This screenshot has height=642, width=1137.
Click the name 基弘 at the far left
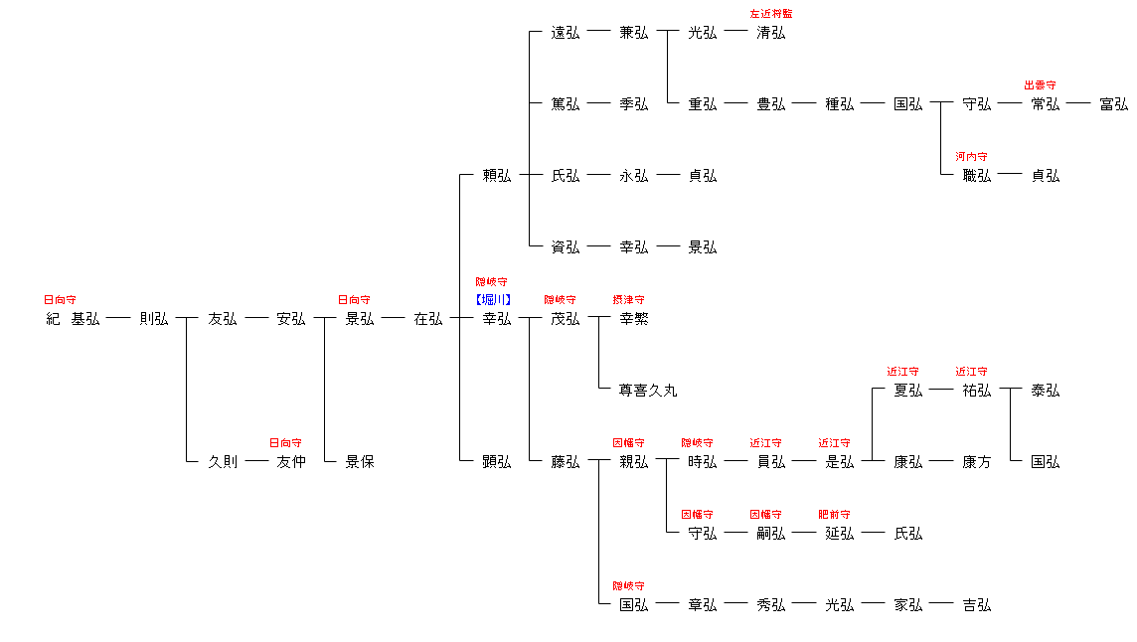pyautogui.click(x=84, y=319)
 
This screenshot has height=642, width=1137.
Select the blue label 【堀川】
pyautogui.click(x=492, y=299)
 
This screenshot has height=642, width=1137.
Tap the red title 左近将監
pyautogui.click(x=771, y=14)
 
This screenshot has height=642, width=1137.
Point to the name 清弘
pyautogui.click(x=770, y=33)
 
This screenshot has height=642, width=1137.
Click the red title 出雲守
pyautogui.click(x=1041, y=85)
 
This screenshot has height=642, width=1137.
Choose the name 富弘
pyautogui.click(x=1113, y=104)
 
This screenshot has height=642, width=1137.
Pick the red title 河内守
pyautogui.click(x=971, y=157)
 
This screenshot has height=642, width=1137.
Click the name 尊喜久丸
pyautogui.click(x=648, y=391)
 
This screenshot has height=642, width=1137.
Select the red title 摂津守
pyautogui.click(x=629, y=299)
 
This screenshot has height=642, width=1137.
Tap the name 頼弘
pyautogui.click(x=496, y=176)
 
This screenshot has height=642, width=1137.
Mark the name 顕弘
pyautogui.click(x=496, y=462)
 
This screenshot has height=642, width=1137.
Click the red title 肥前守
pyautogui.click(x=834, y=515)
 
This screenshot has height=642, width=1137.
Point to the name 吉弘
pyautogui.click(x=976, y=605)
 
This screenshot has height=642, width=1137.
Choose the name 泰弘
pyautogui.click(x=1045, y=391)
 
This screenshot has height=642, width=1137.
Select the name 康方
pyautogui.click(x=976, y=462)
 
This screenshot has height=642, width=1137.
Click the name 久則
pyautogui.click(x=223, y=462)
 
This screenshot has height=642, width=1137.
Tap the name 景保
pyautogui.click(x=359, y=462)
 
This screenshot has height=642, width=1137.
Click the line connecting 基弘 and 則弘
pyautogui.click(x=118, y=319)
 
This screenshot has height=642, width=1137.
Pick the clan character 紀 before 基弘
pyautogui.click(x=53, y=319)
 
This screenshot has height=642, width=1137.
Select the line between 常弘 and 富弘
pyautogui.click(x=1078, y=103)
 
